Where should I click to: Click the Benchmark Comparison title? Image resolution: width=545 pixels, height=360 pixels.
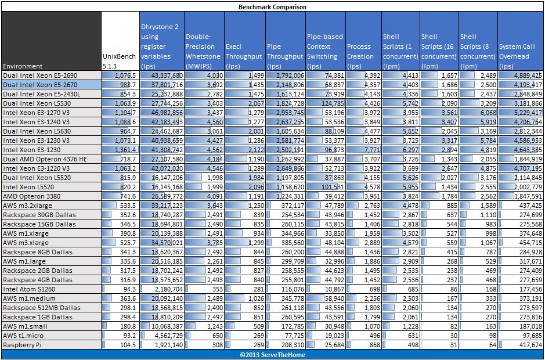pos(272,7)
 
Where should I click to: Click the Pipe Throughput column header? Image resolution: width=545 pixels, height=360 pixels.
pos(285,52)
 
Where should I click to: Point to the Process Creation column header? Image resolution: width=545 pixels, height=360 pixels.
pos(360,52)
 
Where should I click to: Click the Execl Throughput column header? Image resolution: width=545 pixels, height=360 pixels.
pos(244,52)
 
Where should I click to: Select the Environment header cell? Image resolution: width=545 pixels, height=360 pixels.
pos(23,66)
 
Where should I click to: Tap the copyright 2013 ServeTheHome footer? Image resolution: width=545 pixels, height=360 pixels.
pos(272,354)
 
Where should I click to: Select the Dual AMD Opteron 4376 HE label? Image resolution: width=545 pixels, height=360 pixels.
pos(38,159)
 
